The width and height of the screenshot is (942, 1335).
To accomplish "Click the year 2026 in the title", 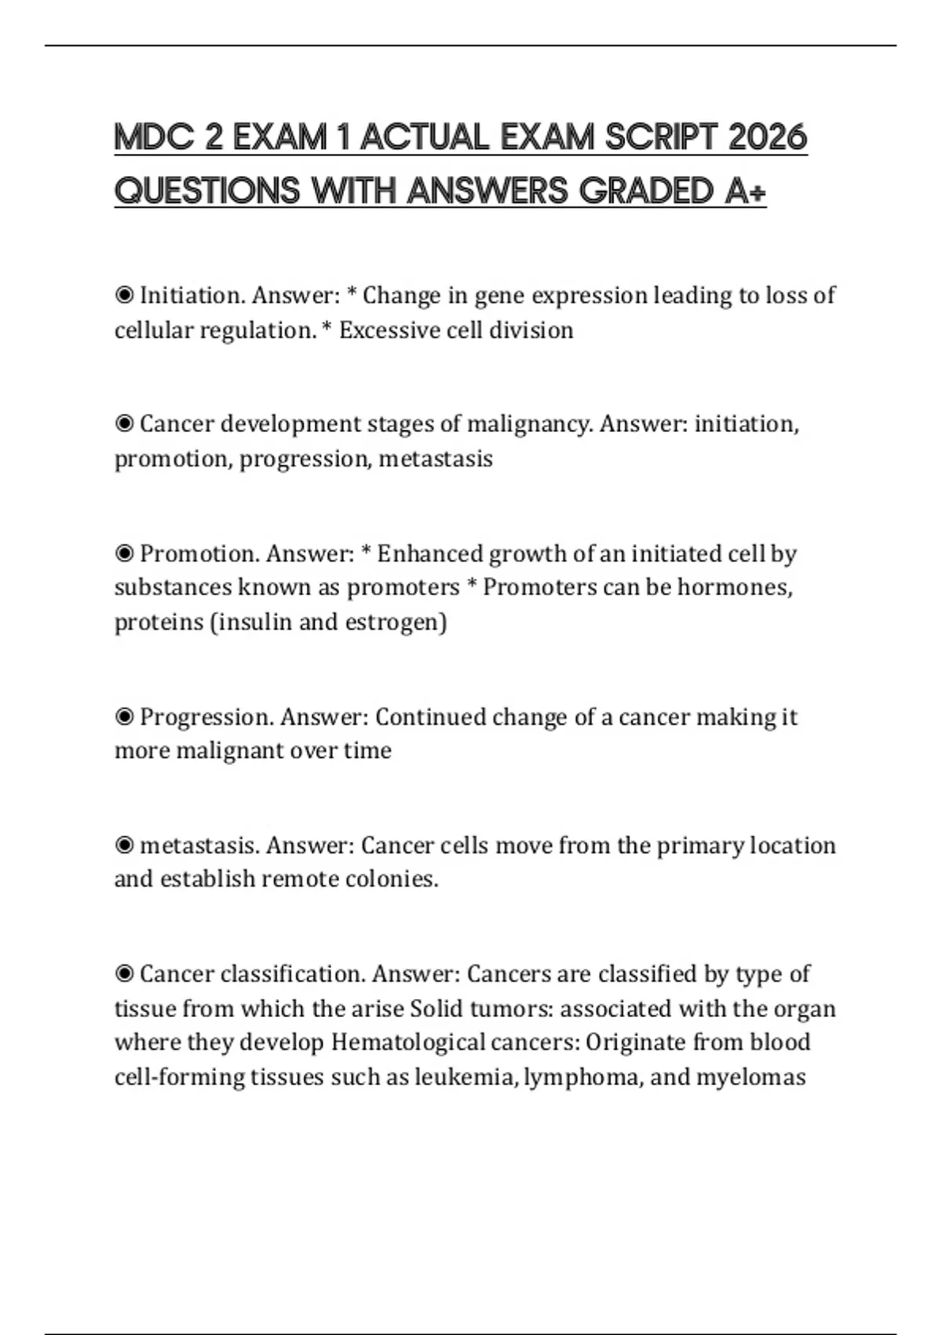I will [767, 138].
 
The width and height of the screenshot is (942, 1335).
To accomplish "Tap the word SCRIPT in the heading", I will [662, 138].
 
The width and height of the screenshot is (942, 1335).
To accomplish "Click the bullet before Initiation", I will [124, 295].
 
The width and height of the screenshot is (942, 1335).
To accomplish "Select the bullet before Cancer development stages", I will [124, 424].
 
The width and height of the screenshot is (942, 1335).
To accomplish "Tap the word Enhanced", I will [430, 554].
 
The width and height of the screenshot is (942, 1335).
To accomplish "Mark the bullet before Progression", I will [124, 717].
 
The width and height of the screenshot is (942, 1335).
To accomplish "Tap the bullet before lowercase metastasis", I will [124, 846].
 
